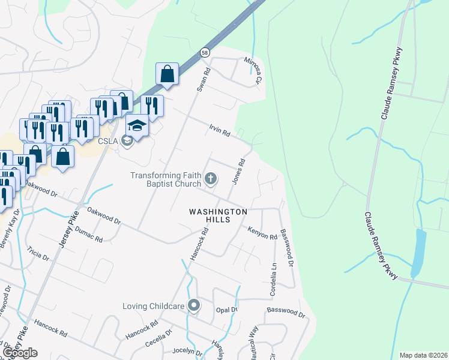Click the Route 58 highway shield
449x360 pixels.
coord(205,52)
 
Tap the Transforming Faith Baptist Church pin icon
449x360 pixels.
coord(210,178)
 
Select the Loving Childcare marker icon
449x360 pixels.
coord(193,306)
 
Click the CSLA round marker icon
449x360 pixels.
coord(127,141)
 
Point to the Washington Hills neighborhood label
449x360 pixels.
coord(218,216)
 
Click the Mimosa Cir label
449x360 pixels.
coord(253,70)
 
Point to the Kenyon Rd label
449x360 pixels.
coord(262,232)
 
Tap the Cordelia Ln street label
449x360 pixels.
coord(273,277)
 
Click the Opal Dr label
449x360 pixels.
coord(226,310)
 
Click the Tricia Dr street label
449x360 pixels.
coord(38,253)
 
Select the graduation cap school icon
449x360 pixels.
coord(137,125)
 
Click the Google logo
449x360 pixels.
coord(20,353)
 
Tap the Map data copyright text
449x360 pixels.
coord(423,355)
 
